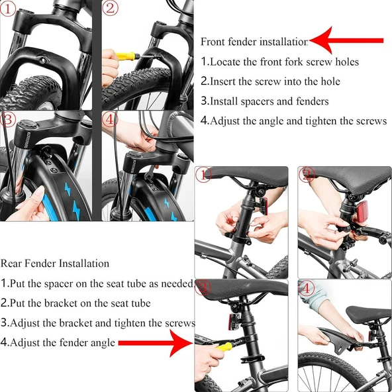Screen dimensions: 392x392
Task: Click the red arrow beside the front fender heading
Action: pos(346,40)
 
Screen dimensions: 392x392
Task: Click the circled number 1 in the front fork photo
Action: pos(7,9)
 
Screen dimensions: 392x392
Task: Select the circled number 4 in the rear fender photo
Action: pos(306,289)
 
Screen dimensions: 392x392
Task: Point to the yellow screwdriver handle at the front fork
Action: pos(125,56)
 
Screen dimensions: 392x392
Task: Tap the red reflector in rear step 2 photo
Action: pos(362,211)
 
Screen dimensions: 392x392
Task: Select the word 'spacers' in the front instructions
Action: pos(257,101)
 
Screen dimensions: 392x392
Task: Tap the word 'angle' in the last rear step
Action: pos(103,343)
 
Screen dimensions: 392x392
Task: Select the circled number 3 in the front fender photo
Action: pos(7,119)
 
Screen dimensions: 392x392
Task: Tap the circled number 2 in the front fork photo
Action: pos(110,9)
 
